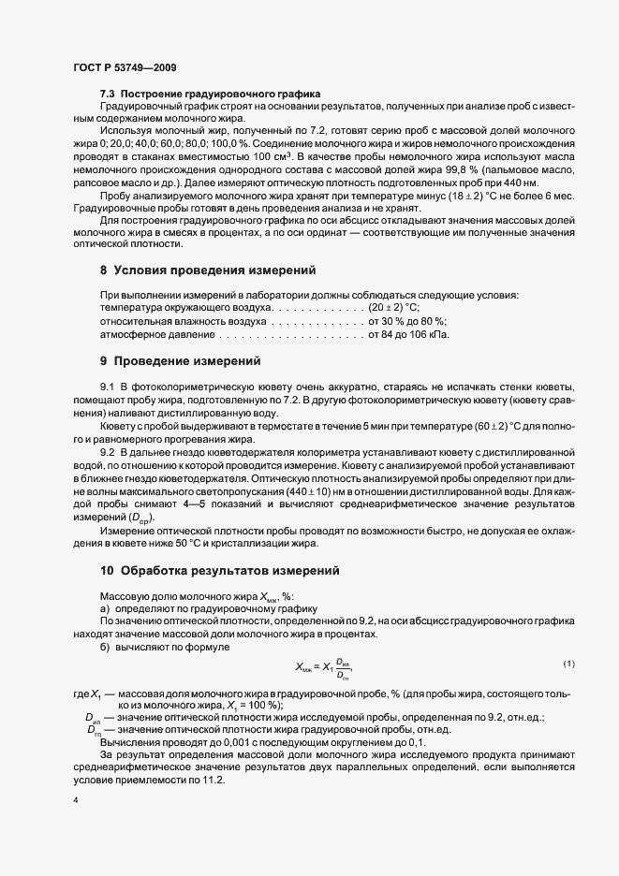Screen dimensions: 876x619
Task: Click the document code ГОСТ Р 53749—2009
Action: [123, 67]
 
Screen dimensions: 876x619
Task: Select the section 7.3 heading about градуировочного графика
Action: [210, 95]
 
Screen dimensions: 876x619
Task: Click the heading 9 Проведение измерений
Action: [180, 360]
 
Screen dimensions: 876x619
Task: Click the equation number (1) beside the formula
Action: [568, 664]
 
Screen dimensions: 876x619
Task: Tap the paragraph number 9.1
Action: [107, 387]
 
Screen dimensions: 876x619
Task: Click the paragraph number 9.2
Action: [107, 452]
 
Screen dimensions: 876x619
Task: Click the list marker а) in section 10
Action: [105, 607]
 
